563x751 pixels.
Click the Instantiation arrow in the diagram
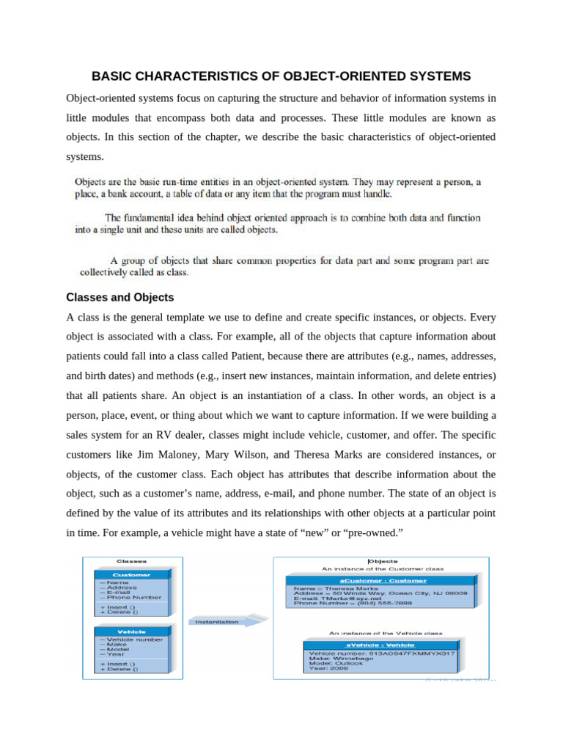tap(224, 621)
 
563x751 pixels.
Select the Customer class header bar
tap(131, 575)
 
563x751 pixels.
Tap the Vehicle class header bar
tap(131, 631)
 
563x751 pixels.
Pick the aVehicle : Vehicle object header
tap(380, 643)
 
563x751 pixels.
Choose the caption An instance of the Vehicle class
tap(385, 632)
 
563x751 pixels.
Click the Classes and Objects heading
tap(119, 298)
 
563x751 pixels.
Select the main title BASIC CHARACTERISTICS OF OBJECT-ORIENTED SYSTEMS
tap(281, 76)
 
